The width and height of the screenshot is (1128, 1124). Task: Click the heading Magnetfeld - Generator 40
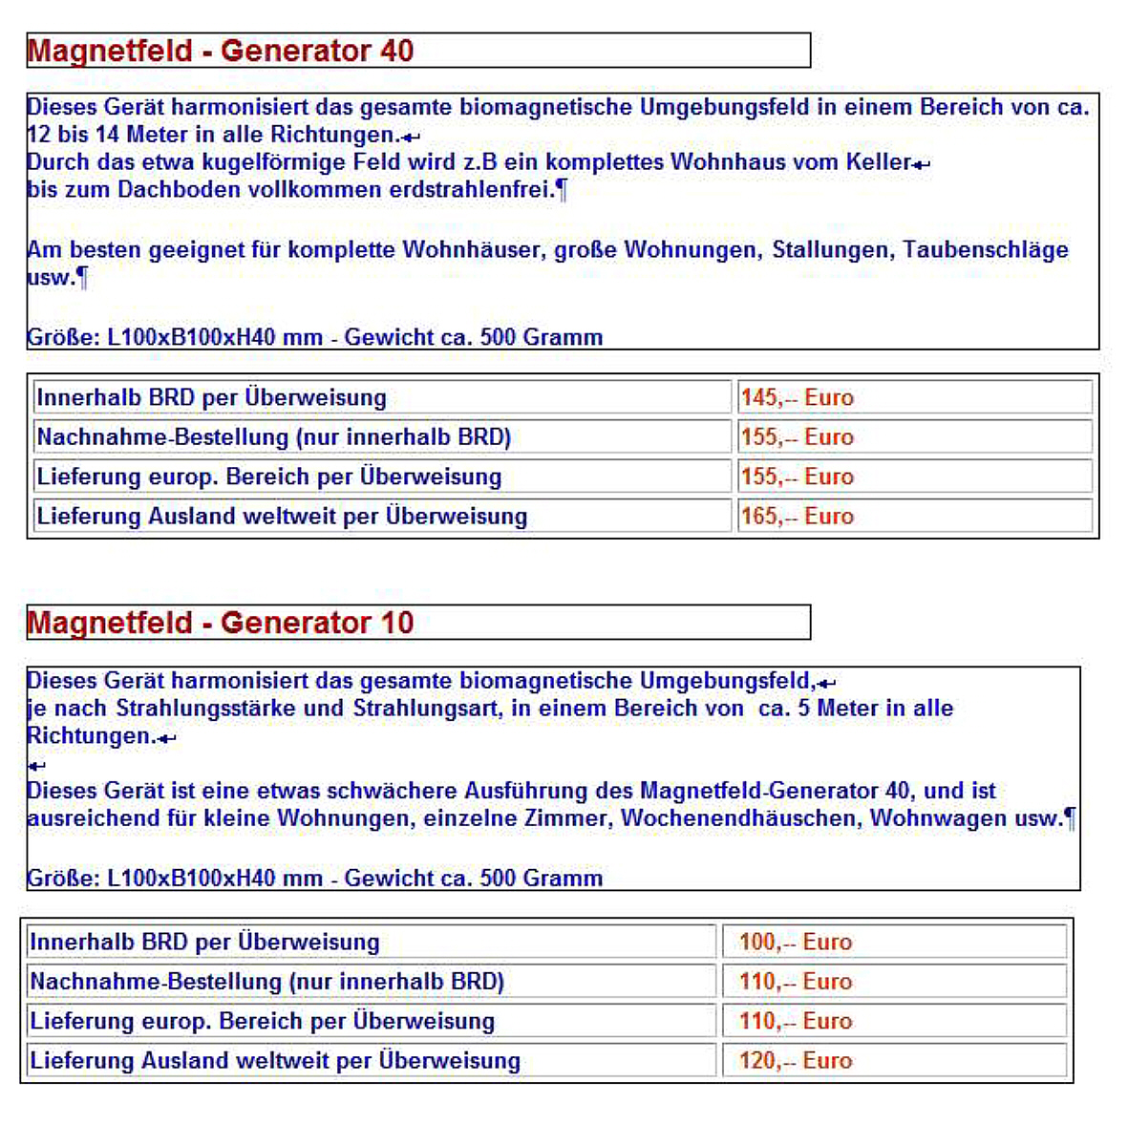pos(221,51)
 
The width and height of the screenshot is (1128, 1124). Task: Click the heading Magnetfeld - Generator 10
pos(221,623)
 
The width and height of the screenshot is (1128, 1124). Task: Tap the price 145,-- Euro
pos(797,397)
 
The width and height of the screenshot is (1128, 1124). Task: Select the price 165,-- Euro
pos(797,517)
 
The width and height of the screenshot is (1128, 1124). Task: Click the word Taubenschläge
pos(986,250)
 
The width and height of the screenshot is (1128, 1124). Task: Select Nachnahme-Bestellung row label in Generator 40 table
pos(274,437)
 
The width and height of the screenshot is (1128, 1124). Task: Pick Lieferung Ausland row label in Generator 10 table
pos(275,1060)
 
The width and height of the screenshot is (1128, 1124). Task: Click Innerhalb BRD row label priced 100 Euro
pos(204,942)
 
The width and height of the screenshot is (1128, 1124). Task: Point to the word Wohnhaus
pos(726,161)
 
